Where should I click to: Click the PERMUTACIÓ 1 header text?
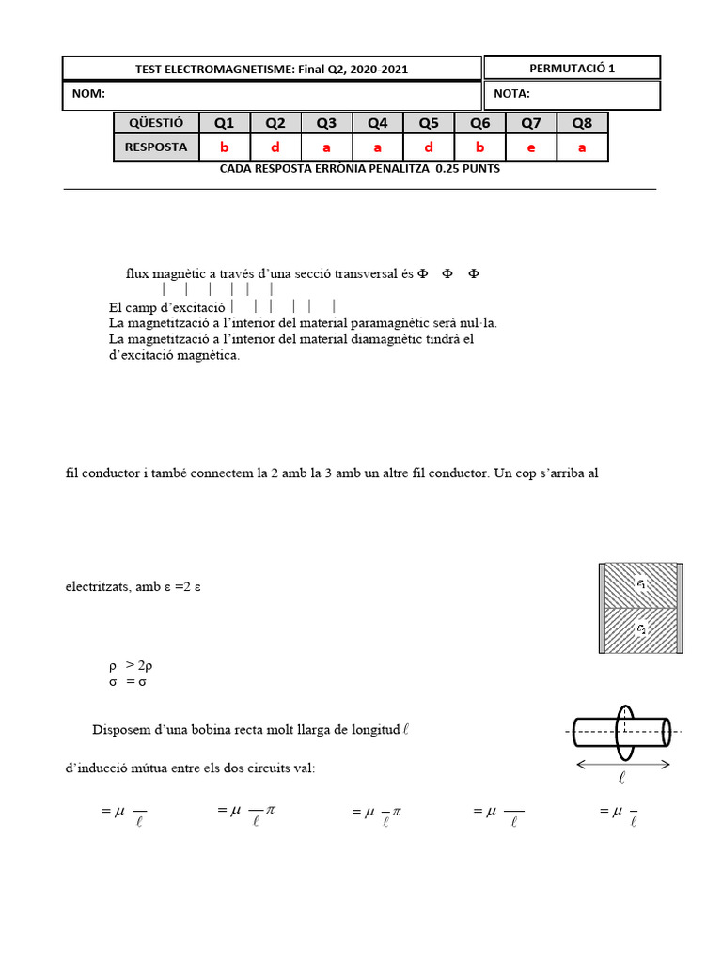pos(572,68)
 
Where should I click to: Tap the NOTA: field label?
pos(511,94)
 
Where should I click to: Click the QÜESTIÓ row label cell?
pos(156,123)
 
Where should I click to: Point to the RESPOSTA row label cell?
pos(156,147)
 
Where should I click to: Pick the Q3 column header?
pos(326,123)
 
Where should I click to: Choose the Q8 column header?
pos(582,123)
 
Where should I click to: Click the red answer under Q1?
pos(224,147)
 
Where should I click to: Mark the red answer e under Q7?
pos(531,147)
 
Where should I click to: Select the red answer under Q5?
pos(429,147)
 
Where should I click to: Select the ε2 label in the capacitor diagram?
pos(641,629)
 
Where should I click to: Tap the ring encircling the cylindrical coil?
pos(622,730)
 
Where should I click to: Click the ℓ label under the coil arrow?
pos(622,778)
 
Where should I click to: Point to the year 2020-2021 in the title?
pos(377,70)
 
